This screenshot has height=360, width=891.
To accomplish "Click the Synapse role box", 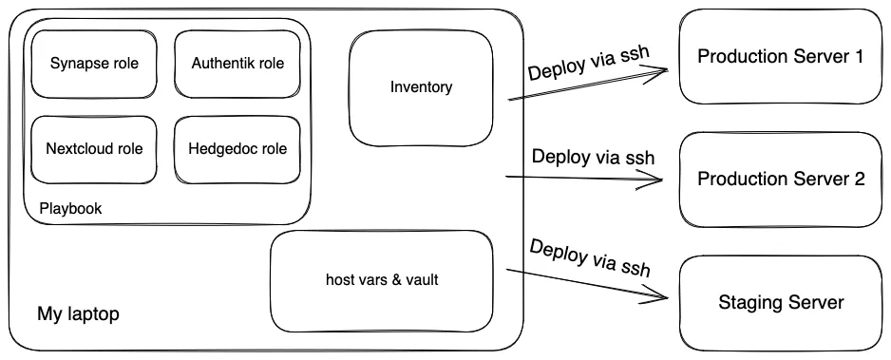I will (x=93, y=65).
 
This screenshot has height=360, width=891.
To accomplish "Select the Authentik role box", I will (x=237, y=65).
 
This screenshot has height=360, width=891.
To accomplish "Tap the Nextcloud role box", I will (x=93, y=149).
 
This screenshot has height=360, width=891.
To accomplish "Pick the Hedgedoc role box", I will (x=237, y=149).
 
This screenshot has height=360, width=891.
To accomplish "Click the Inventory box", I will (x=421, y=88).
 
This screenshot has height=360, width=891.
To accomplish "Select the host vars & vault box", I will (x=381, y=279).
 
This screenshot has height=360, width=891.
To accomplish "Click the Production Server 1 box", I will (x=780, y=57).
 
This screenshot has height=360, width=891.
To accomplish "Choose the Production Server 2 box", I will (x=780, y=179).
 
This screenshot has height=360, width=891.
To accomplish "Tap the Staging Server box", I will (x=780, y=303).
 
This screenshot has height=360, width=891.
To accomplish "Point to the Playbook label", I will (x=70, y=208).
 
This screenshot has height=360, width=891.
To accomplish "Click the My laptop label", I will (x=78, y=313).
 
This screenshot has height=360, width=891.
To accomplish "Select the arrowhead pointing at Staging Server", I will (x=665, y=298).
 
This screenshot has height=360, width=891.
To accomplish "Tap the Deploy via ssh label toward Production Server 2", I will (x=593, y=157).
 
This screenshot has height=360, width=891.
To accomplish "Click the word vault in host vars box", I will (x=420, y=279).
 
